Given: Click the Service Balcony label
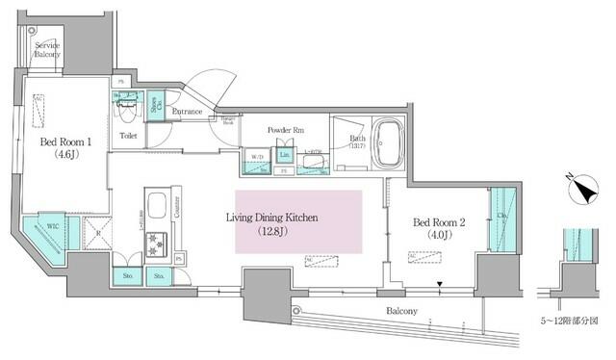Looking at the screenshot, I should point(48,50).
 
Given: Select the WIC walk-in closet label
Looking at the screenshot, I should point(44,227).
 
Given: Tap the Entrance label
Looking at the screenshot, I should point(187,113).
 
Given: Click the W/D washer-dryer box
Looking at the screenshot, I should point(257,157).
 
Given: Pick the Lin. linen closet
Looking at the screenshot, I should point(284,154).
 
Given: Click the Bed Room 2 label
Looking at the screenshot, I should point(441,222).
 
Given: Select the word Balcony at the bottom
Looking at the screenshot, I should point(402,311).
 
